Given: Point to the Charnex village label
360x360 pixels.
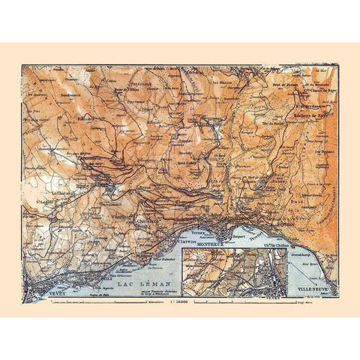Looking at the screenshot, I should coord(145,220).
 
